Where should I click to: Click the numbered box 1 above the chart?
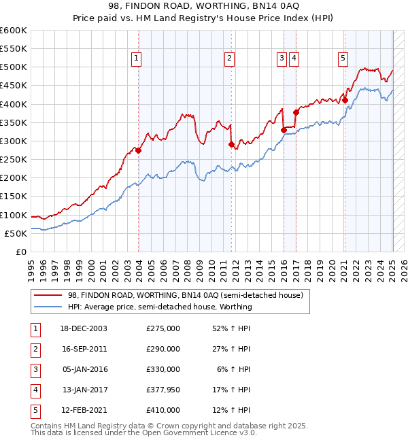(137, 59)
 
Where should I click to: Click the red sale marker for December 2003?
(138, 150)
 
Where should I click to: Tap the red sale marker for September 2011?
(232, 144)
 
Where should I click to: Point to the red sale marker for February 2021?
(345, 100)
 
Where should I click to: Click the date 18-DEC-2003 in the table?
(84, 328)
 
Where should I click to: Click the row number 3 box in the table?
(35, 369)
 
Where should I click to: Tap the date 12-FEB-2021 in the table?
(84, 410)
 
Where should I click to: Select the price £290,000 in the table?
(163, 349)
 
